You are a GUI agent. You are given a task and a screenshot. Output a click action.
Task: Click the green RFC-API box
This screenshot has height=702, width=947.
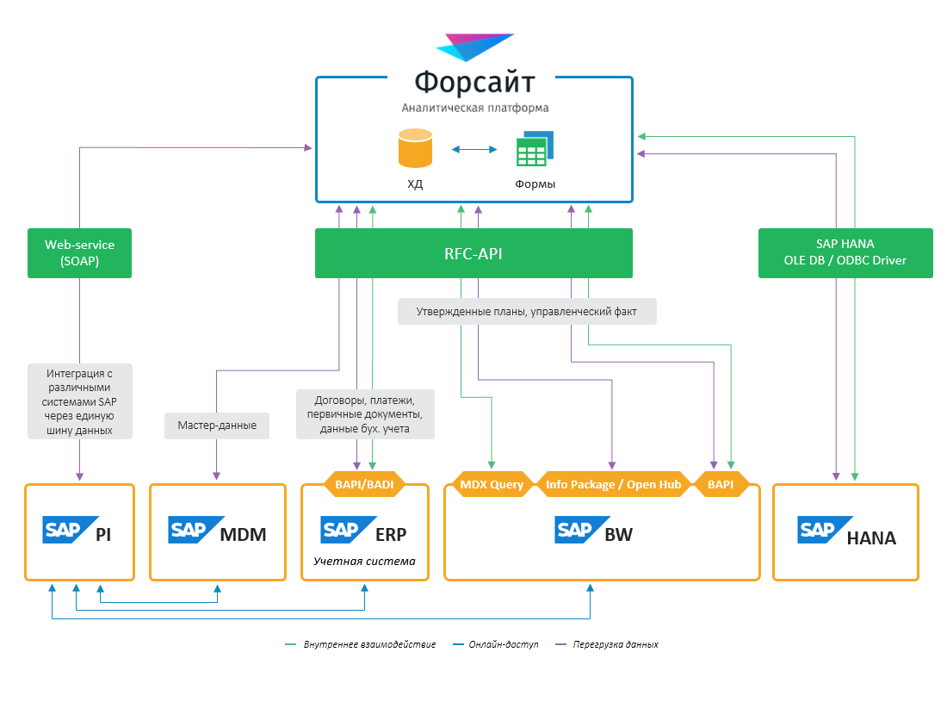tap(473, 253)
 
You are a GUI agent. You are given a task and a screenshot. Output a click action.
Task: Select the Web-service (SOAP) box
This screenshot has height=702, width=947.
tap(79, 253)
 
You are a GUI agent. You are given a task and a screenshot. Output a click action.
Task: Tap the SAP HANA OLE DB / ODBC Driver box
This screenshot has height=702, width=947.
tap(845, 253)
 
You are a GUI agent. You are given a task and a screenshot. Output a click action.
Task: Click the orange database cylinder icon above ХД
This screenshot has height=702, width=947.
tap(415, 147)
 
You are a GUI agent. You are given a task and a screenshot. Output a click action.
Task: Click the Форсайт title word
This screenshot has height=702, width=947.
tap(474, 83)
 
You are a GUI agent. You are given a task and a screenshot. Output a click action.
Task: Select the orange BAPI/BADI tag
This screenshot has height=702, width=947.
tap(364, 485)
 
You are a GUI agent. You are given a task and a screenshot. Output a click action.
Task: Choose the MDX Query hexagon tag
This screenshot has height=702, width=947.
tap(492, 485)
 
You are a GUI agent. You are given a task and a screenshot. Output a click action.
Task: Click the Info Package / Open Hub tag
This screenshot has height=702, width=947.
tap(613, 485)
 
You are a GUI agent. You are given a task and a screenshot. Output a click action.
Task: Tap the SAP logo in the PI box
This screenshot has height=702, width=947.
tap(65, 530)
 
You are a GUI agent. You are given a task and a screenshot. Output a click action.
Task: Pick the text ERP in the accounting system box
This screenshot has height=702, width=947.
tap(390, 534)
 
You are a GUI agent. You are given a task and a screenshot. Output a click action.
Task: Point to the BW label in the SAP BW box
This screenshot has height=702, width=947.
tap(618, 534)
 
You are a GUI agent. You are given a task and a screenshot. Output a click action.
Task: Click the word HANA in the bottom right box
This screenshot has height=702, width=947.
tap(871, 538)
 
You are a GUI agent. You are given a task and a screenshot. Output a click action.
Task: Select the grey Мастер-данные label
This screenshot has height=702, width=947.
tap(216, 426)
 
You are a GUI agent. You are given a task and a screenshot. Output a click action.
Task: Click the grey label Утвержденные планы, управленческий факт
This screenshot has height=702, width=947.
tap(527, 312)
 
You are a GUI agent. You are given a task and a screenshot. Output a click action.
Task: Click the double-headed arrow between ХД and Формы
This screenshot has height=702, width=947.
tap(475, 149)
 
